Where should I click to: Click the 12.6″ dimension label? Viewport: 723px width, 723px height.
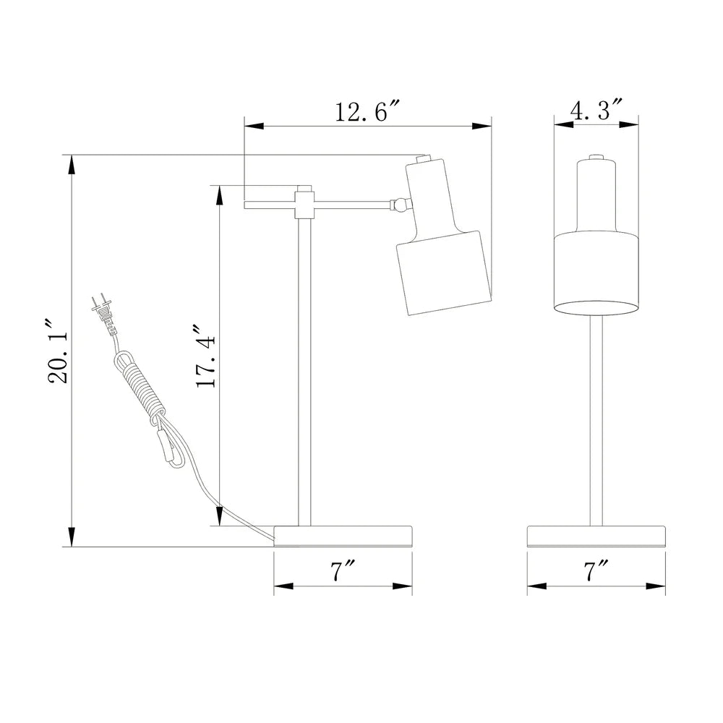[367, 111]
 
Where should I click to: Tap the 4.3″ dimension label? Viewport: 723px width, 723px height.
[596, 110]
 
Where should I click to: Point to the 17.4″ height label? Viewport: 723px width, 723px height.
[205, 355]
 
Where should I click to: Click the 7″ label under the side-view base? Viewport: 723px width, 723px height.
[343, 572]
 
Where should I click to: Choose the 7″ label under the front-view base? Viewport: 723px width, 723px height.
[596, 572]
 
